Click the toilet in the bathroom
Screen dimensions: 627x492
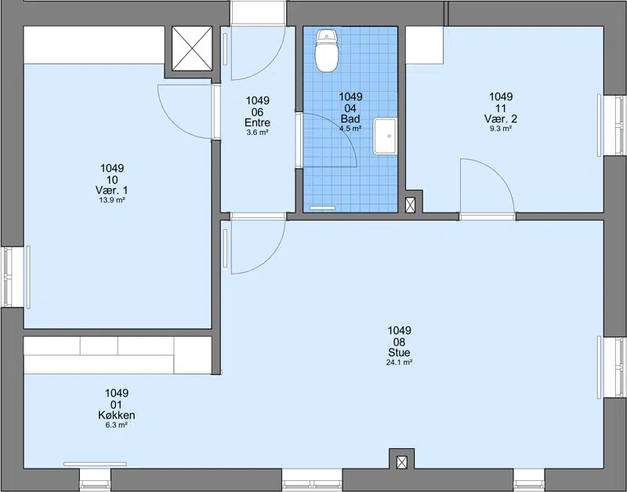(327, 50)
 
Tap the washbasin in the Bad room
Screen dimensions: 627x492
(385, 136)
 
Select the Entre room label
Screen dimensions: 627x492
(258, 123)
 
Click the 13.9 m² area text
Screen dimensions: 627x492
(112, 200)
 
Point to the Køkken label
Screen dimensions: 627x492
(116, 415)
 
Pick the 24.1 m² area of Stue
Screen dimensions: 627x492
(399, 363)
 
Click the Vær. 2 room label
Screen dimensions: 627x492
(501, 119)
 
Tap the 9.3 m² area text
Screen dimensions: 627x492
(501, 129)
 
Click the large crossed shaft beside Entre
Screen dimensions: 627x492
(192, 49)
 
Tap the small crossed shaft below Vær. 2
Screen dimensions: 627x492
(410, 205)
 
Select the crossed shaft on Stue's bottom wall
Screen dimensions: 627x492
(402, 462)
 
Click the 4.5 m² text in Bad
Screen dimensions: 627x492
(350, 129)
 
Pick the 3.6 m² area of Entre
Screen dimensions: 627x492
(258, 133)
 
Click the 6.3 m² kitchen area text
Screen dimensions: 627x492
(116, 425)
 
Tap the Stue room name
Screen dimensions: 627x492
(399, 352)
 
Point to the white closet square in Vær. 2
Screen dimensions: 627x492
(425, 46)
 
